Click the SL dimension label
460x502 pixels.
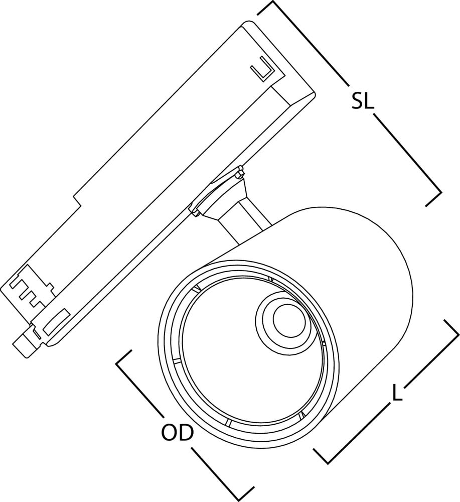[362, 101]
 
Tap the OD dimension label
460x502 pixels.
[177, 432]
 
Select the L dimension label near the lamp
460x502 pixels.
[397, 393]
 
